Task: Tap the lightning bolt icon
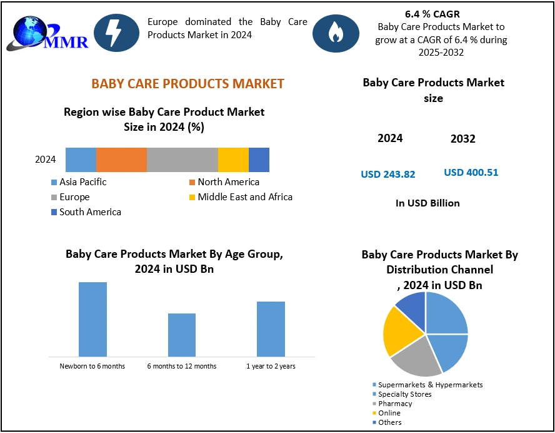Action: tap(116, 32)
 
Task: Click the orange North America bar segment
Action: tap(121, 160)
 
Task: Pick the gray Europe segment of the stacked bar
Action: tap(182, 160)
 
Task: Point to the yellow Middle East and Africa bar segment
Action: tap(233, 160)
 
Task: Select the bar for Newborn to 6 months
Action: tap(92, 319)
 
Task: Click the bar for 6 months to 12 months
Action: tap(182, 335)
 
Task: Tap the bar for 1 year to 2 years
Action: tap(271, 329)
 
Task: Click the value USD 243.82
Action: tap(388, 175)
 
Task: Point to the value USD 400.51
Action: tap(471, 173)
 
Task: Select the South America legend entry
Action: tap(90, 212)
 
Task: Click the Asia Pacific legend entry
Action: tap(82, 182)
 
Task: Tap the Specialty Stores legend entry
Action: tap(405, 394)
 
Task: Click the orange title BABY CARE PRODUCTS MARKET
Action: tap(188, 84)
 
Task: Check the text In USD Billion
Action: tap(428, 203)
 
